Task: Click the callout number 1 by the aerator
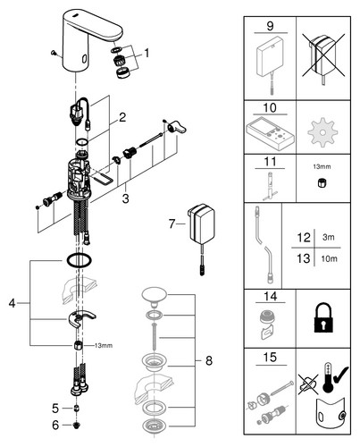coord(147,54)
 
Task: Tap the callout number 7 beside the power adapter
coord(172,223)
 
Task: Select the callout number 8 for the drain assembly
coord(209,360)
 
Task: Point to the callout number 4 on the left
coord(12,303)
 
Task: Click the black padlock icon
coord(322,317)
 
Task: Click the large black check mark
coord(340,375)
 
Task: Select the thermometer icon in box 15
coord(328,377)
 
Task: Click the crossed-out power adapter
coord(323,59)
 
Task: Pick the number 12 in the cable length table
coord(304,238)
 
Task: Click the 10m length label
coord(329,258)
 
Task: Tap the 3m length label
coord(329,238)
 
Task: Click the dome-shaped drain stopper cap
coord(155,295)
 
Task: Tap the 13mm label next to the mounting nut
coord(104,346)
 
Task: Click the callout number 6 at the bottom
coord(55,426)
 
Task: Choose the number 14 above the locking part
coord(271,297)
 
